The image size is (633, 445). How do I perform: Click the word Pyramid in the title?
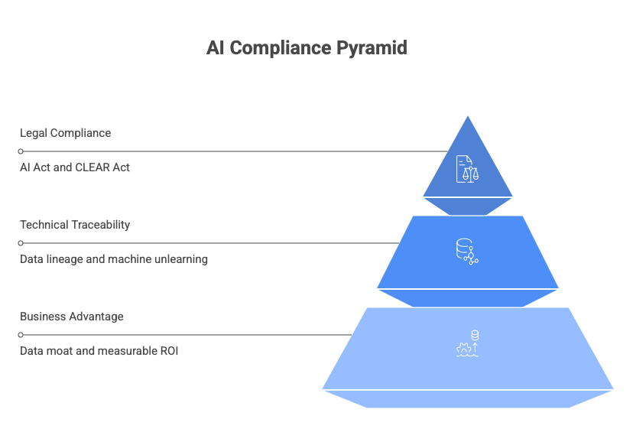tap(374, 48)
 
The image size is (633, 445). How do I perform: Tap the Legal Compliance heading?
tap(65, 133)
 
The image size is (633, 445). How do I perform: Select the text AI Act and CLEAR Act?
tap(75, 167)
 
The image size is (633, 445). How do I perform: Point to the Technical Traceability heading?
tap(75, 225)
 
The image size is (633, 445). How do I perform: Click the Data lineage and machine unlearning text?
tap(114, 259)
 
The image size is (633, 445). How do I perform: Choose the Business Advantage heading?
tap(72, 317)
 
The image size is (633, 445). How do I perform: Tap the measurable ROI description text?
tap(99, 351)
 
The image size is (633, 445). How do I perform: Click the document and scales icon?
tap(463, 168)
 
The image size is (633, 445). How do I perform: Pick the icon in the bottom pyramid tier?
tap(468, 344)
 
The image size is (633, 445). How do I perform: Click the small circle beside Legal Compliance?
tap(21, 151)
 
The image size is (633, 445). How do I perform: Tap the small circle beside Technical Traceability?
tap(21, 243)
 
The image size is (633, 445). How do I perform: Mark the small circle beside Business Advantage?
tap(21, 335)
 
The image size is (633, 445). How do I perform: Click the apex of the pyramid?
tap(468, 116)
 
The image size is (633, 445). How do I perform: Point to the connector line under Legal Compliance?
tap(229, 151)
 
